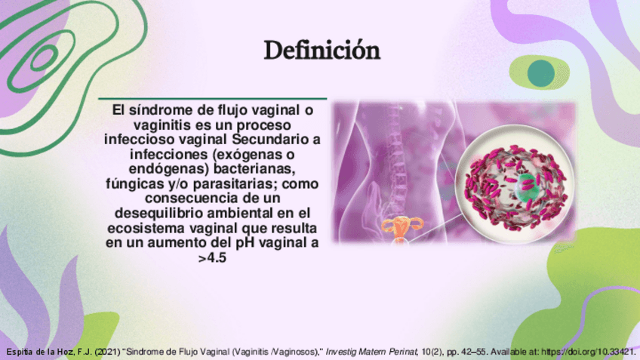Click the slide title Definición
(x=322, y=51)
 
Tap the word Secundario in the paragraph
(x=269, y=139)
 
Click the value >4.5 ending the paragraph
(x=212, y=258)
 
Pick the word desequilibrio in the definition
(x=159, y=213)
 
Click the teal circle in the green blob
(x=541, y=73)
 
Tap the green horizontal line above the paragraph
(x=213, y=98)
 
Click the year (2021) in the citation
(x=107, y=352)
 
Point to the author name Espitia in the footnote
(x=20, y=352)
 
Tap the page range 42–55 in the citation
(x=476, y=352)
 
